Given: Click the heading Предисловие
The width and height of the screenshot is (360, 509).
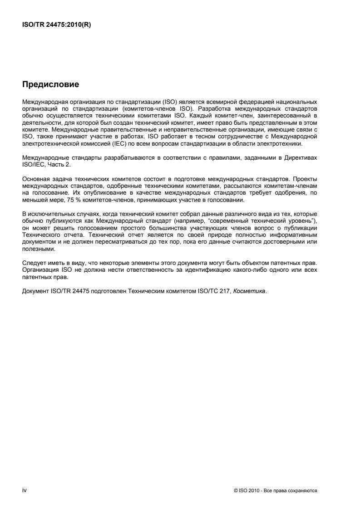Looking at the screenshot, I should [x=50, y=84].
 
